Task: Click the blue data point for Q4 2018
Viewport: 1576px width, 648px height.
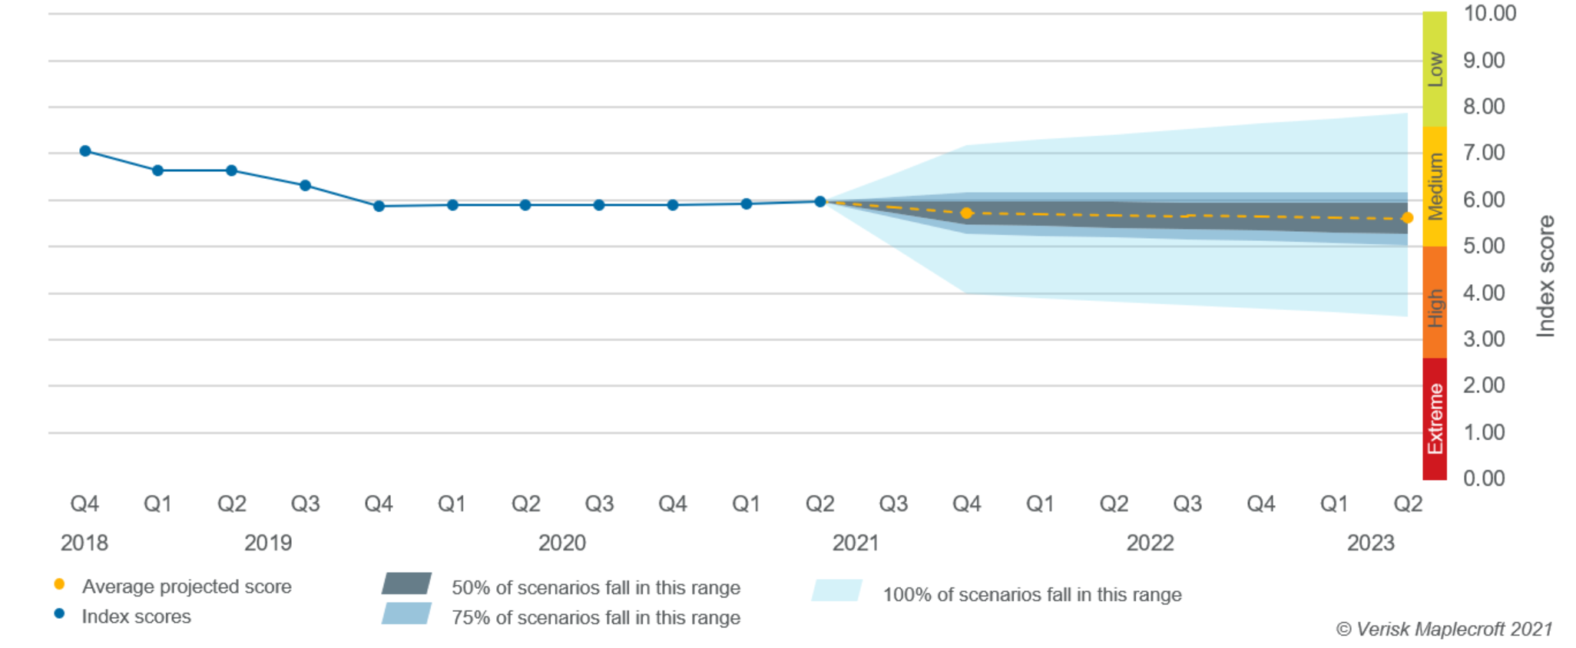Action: [x=85, y=151]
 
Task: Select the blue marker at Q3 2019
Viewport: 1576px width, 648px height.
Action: [x=305, y=186]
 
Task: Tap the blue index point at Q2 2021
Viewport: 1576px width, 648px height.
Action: [x=820, y=202]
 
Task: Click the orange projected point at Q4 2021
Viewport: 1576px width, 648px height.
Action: [x=967, y=213]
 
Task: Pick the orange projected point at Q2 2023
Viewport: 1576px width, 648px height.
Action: [x=1407, y=218]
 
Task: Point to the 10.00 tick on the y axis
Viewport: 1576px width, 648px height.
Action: [x=1489, y=14]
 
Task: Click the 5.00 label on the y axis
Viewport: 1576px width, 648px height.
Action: [x=1484, y=246]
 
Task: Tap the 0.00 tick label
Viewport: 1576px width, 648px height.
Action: [x=1484, y=479]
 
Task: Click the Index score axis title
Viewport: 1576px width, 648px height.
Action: [x=1546, y=276]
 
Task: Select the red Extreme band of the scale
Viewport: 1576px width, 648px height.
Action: [x=1435, y=419]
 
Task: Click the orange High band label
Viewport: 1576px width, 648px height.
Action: [x=1435, y=307]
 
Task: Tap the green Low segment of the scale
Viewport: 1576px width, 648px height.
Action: [x=1435, y=69]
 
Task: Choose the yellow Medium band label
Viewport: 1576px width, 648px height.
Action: [x=1435, y=187]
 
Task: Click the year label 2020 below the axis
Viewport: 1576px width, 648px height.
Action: [x=561, y=543]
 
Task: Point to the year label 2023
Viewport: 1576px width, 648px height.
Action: [x=1370, y=543]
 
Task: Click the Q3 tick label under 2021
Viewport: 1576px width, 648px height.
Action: [x=893, y=504]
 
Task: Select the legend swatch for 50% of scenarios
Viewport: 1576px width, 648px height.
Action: [x=406, y=584]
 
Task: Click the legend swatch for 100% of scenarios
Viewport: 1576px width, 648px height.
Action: [x=837, y=590]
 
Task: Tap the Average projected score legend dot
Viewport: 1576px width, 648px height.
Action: [x=59, y=584]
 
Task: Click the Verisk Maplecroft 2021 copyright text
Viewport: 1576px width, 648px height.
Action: [x=1444, y=630]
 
